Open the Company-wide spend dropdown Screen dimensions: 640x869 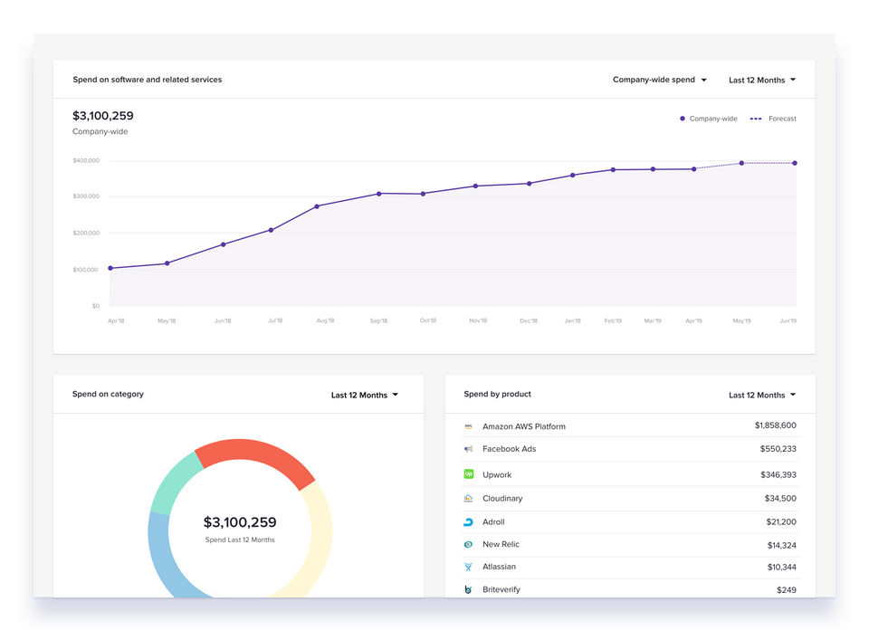point(659,80)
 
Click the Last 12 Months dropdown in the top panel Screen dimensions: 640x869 point(762,80)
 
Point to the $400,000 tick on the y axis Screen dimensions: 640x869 point(86,160)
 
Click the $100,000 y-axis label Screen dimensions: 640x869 point(86,270)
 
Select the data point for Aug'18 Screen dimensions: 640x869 point(317,206)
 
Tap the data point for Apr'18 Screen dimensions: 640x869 point(110,268)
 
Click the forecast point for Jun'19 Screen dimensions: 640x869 point(796,163)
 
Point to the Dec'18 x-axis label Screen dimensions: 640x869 point(529,320)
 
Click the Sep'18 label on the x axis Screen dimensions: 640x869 point(378,320)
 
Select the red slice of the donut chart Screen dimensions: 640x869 point(256,456)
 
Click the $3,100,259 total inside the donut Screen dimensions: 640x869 point(240,522)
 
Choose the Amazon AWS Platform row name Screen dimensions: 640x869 point(523,426)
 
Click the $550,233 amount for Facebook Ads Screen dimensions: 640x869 point(778,449)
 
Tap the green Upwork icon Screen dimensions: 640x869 point(469,474)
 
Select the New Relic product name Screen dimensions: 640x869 point(501,544)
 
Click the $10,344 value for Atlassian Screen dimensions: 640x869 point(781,567)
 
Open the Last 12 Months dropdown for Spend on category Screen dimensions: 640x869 point(365,395)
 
